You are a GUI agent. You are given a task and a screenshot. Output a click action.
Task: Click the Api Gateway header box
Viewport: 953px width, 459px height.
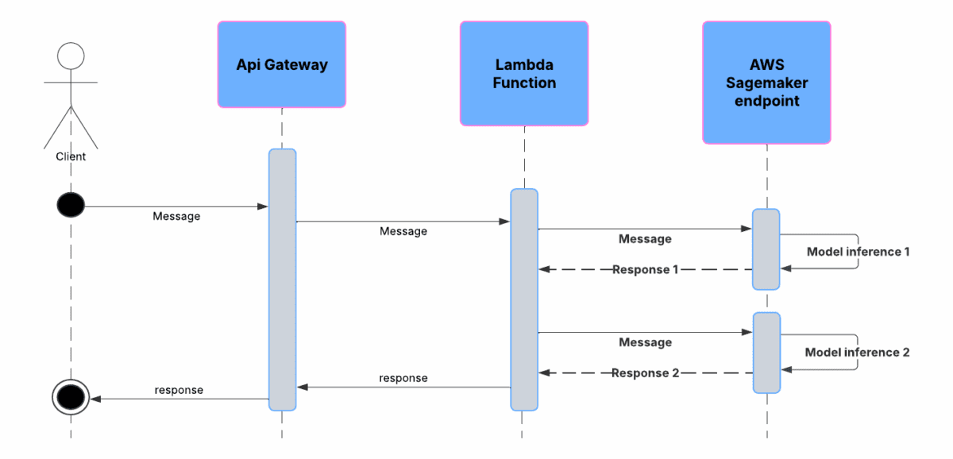click(282, 64)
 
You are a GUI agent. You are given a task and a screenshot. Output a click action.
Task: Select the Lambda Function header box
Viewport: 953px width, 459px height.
click(524, 73)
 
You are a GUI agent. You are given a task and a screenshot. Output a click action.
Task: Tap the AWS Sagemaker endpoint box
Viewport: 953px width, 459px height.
click(766, 83)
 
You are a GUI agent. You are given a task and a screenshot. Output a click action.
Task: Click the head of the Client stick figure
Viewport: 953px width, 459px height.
click(71, 56)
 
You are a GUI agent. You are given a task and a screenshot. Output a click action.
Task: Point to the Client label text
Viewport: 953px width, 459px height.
click(71, 156)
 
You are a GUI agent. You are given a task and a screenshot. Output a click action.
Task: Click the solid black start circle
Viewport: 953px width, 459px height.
click(71, 206)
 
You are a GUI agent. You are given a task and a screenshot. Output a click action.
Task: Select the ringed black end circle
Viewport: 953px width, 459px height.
click(71, 394)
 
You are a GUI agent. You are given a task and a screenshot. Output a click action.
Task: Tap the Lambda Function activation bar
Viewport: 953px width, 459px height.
click(524, 299)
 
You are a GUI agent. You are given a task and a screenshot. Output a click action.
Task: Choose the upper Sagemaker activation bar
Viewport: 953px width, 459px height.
click(766, 249)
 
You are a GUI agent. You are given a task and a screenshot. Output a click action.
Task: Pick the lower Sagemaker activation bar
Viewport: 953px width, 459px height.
click(766, 353)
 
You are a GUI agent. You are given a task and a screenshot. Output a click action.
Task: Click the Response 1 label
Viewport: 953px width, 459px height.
click(645, 270)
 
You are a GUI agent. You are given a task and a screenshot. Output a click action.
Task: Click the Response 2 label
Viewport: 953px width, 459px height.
click(645, 373)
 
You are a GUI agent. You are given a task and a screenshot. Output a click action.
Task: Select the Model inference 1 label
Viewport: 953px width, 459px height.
click(858, 252)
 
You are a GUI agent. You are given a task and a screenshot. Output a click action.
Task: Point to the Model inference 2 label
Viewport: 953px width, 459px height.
click(857, 352)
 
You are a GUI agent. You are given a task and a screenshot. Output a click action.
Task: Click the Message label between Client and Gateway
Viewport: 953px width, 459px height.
click(176, 216)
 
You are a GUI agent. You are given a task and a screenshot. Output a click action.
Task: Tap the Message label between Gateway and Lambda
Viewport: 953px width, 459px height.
click(403, 231)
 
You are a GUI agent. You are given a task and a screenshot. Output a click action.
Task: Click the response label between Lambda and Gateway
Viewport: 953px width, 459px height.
click(403, 378)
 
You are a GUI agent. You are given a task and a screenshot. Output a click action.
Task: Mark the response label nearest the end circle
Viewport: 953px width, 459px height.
click(179, 390)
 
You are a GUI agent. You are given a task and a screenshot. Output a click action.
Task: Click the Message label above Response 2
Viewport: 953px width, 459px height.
click(645, 342)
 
